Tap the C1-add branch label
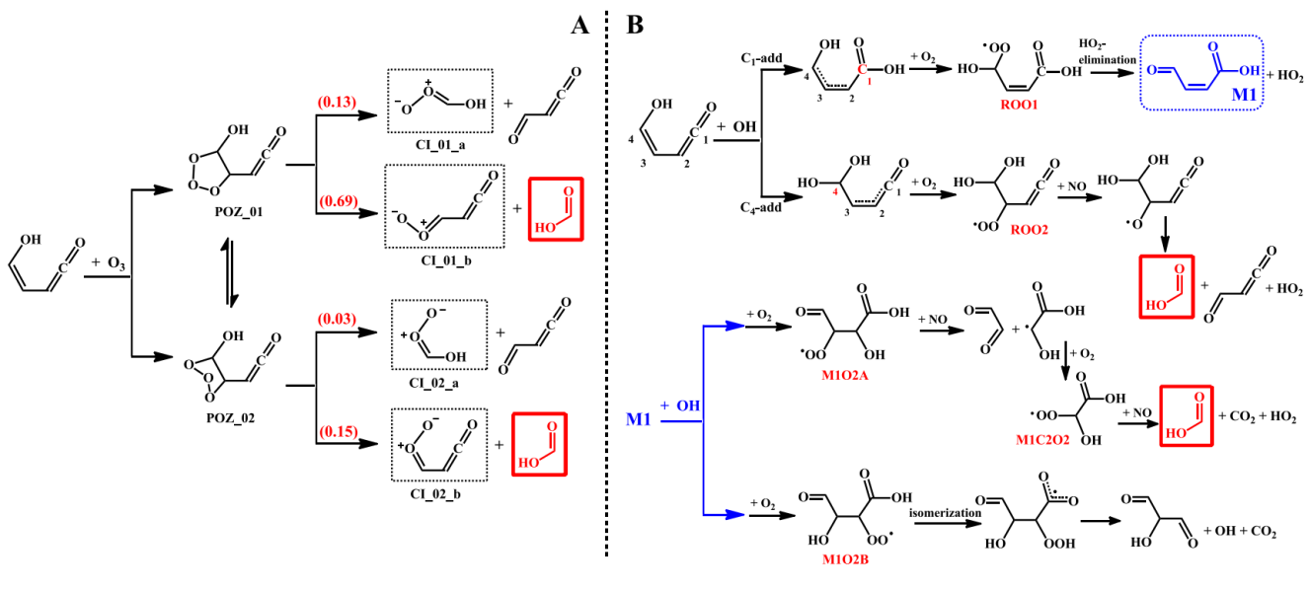[761, 58]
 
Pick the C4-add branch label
[761, 207]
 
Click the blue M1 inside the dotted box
[1241, 95]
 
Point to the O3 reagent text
[116, 264]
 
